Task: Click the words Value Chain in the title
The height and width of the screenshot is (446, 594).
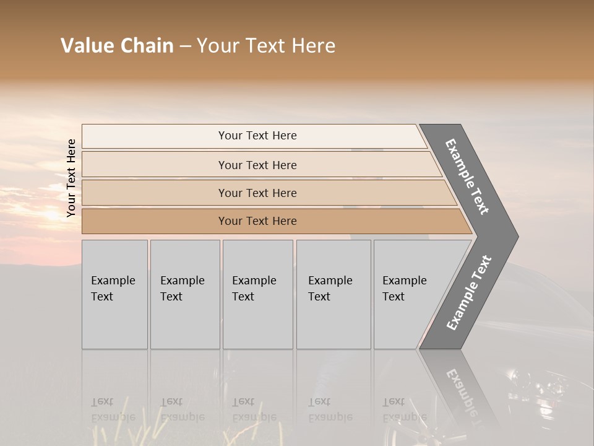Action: click(117, 46)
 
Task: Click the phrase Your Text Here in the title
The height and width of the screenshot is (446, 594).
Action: click(266, 46)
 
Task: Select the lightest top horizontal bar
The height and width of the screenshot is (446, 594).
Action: click(257, 136)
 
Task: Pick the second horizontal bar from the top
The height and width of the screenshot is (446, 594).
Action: click(257, 165)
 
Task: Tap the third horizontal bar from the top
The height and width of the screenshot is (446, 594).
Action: click(257, 193)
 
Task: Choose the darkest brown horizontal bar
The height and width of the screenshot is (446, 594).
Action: click(257, 221)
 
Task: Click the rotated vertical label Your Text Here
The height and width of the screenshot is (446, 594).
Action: click(71, 178)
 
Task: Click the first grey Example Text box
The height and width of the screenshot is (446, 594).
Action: click(114, 294)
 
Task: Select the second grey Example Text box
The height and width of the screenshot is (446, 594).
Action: click(184, 294)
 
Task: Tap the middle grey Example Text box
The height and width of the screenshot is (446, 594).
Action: click(257, 294)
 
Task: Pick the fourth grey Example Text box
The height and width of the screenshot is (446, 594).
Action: click(333, 294)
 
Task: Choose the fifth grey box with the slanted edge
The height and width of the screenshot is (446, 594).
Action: click(408, 294)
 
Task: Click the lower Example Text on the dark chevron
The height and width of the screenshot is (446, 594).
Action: click(469, 293)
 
